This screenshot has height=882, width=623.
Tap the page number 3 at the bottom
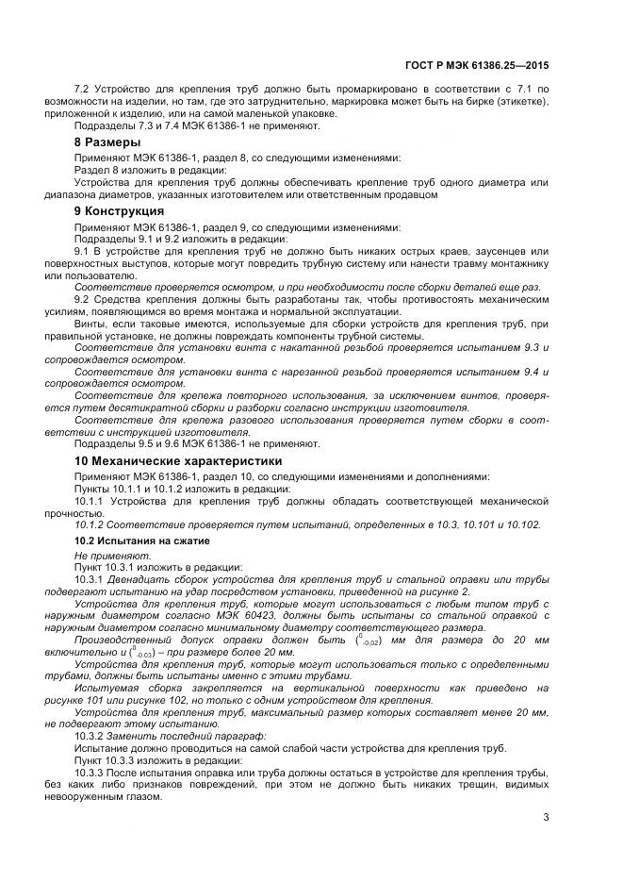[546, 818]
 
